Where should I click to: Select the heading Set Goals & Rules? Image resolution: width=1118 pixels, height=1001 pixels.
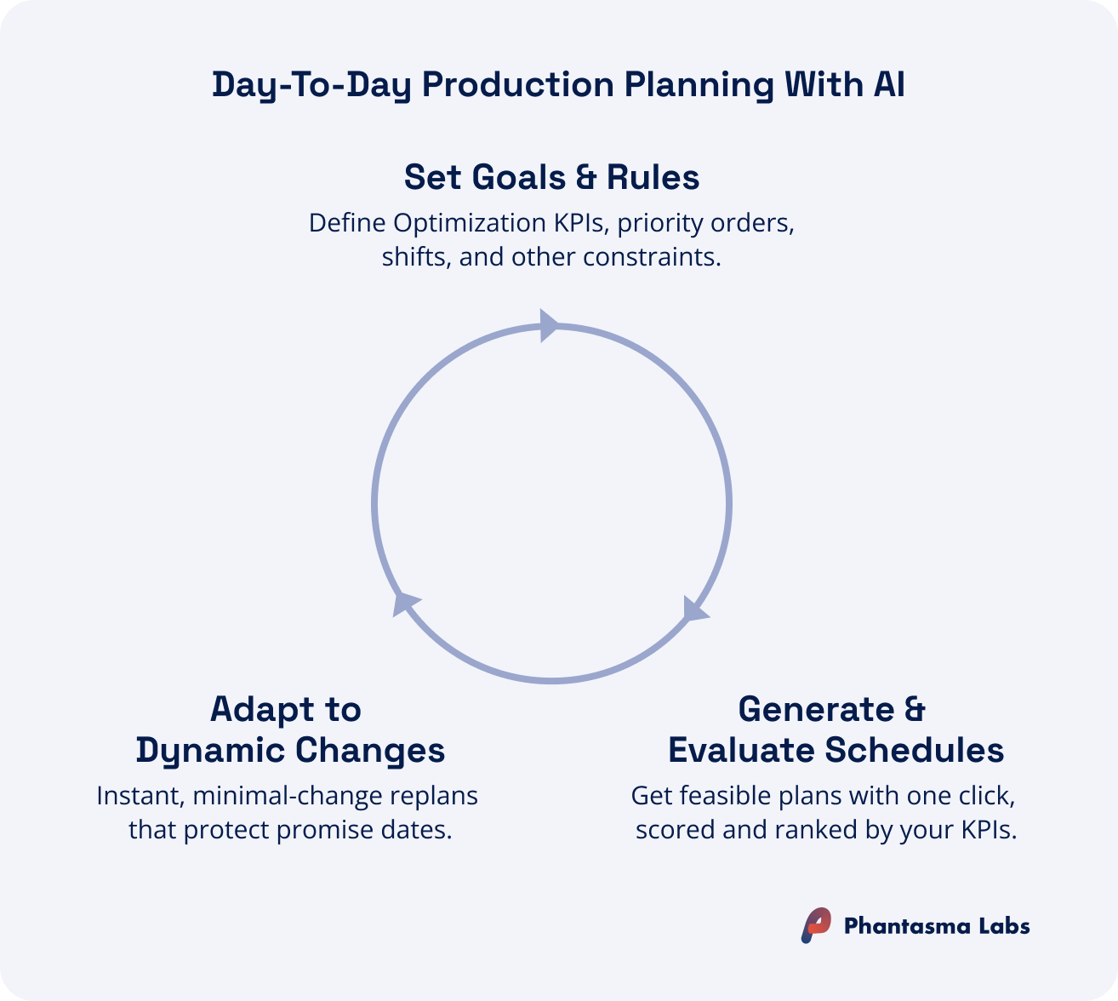click(x=551, y=177)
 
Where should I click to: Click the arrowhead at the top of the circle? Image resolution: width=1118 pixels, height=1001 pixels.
click(x=550, y=325)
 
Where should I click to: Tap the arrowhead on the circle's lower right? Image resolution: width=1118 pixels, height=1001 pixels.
click(x=695, y=609)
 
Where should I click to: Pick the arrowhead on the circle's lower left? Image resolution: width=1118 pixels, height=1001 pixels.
click(x=406, y=602)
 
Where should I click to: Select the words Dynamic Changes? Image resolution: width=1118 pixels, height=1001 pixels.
click(x=290, y=750)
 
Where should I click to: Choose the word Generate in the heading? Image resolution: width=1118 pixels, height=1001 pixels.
click(x=816, y=709)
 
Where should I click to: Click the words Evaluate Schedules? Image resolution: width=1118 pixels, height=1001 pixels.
click(x=836, y=750)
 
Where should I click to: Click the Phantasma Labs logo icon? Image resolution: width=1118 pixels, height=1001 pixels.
click(x=815, y=925)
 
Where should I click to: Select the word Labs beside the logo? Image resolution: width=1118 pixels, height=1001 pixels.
click(x=1003, y=926)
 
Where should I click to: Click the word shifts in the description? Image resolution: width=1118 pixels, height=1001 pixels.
click(x=416, y=256)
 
